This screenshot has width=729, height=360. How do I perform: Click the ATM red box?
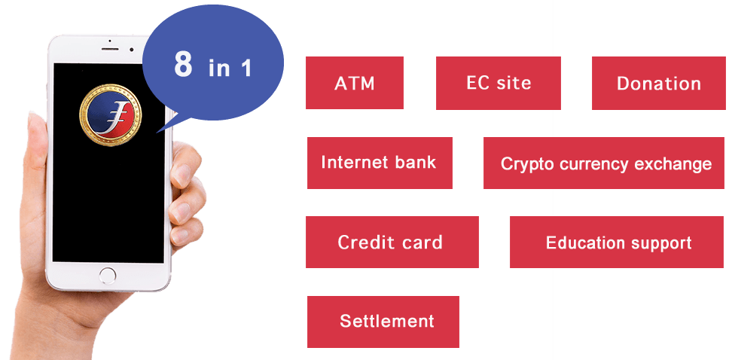(x=354, y=83)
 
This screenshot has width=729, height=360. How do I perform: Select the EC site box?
(x=499, y=84)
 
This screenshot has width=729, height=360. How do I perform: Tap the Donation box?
(x=658, y=84)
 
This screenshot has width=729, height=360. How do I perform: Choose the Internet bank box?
(x=380, y=163)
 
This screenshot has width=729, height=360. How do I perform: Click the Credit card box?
(x=392, y=242)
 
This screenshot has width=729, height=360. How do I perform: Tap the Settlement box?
(x=383, y=322)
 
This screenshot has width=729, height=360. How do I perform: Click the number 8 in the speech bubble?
(x=183, y=64)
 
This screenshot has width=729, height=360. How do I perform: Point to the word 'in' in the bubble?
(x=219, y=68)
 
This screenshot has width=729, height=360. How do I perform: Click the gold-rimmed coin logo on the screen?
(x=110, y=115)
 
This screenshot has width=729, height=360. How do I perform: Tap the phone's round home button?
(x=108, y=276)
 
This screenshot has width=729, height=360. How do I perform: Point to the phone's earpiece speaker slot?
(x=111, y=49)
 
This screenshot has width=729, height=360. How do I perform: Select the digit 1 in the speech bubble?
(x=246, y=68)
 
